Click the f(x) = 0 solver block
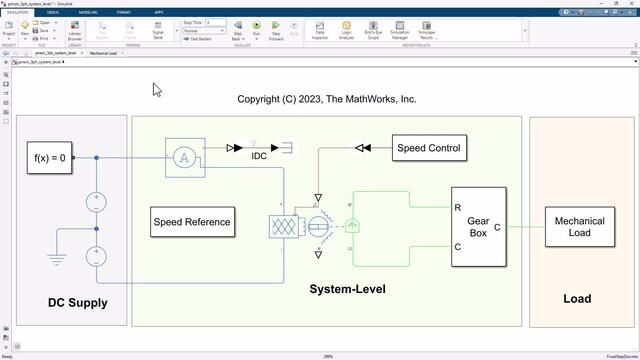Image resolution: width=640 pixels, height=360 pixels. click(50, 158)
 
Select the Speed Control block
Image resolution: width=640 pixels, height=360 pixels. click(429, 149)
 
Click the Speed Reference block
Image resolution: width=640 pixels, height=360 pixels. click(192, 222)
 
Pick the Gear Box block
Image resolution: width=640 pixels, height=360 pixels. click(479, 227)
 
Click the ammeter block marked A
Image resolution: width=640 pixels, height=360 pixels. click(183, 157)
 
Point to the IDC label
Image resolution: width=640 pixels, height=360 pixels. click(259, 157)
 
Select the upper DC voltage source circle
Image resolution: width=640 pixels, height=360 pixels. click(97, 200)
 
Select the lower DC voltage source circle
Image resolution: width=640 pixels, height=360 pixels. click(97, 255)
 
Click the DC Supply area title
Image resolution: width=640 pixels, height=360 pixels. click(77, 302)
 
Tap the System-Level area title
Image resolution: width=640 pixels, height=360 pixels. click(347, 290)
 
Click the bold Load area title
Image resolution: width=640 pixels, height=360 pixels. click(577, 298)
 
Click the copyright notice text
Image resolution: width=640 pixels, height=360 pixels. click(327, 100)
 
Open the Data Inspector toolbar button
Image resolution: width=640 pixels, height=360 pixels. click(320, 31)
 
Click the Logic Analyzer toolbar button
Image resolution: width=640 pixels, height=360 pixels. click(346, 31)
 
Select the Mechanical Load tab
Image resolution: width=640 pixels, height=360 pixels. click(103, 53)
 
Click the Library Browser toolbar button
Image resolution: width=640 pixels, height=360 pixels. click(74, 32)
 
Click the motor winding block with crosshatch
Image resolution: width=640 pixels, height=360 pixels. click(283, 226)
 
